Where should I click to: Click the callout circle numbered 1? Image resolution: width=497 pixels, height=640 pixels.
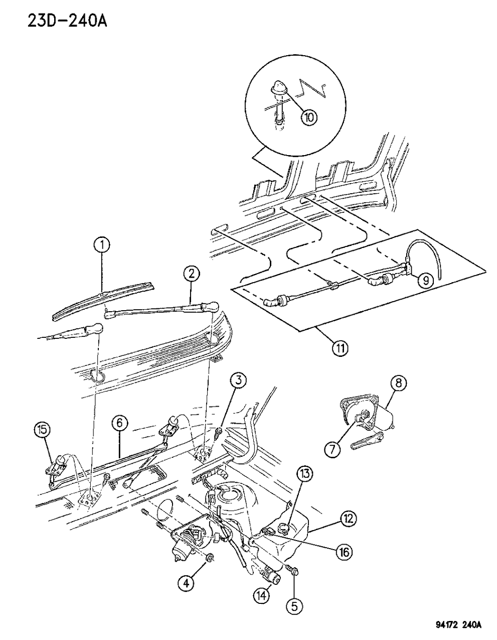coord(102,245)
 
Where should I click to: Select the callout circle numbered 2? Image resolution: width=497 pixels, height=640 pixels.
coord(192,274)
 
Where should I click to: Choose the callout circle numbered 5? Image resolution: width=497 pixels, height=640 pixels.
coord(294,606)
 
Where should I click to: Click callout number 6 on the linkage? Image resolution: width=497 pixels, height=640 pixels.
coord(119,423)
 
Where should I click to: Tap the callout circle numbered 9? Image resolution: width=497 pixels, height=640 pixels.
coord(426,280)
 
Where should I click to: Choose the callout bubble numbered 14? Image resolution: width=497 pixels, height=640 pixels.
coord(263,595)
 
